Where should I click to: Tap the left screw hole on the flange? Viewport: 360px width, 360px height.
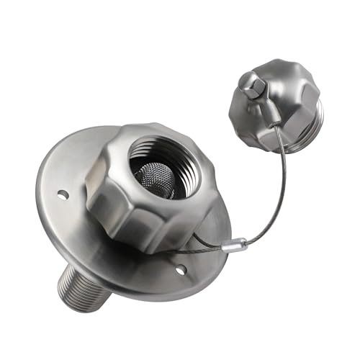click(63, 194)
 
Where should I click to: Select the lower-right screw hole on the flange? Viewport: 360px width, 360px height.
click(180, 270)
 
